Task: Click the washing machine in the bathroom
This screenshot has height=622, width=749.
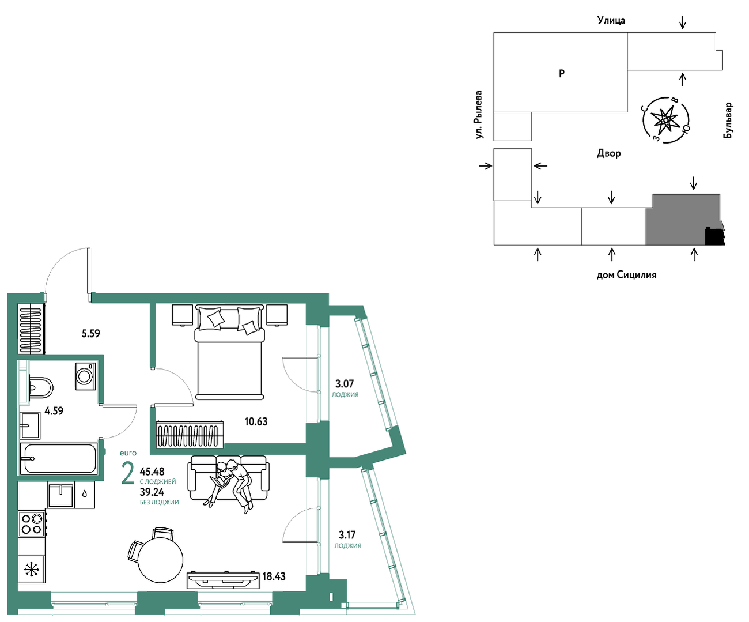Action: [x=85, y=376]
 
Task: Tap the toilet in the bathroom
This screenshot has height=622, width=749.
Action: [x=40, y=387]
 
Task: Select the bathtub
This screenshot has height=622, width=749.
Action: [x=59, y=459]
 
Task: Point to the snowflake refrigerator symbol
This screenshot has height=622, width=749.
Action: [x=32, y=570]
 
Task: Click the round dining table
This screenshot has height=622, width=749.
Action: [x=160, y=560]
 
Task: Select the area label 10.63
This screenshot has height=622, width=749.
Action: [x=256, y=421]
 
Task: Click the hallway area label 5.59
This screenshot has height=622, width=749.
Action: [x=91, y=333]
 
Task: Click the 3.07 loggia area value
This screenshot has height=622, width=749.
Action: [x=345, y=384]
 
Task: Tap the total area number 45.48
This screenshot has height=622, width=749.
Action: [x=152, y=471]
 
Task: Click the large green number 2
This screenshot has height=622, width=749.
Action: [x=128, y=473]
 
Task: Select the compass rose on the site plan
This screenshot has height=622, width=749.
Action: [x=666, y=120]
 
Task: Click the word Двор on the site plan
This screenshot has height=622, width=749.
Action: [x=609, y=153]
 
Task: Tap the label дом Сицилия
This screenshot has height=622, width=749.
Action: [x=626, y=275]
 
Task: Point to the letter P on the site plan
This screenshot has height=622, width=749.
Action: [x=562, y=73]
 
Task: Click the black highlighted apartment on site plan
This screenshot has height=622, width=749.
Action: [x=714, y=236]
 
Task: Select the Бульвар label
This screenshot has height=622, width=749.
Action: [x=728, y=120]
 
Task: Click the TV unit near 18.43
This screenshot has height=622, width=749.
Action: [x=223, y=580]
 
